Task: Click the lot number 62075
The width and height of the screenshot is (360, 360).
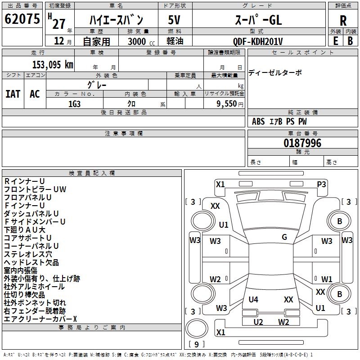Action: tap(23, 20)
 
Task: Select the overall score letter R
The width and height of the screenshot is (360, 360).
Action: tap(343, 21)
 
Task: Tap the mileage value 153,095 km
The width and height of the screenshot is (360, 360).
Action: tap(52, 64)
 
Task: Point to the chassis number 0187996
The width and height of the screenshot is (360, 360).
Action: tap(302, 143)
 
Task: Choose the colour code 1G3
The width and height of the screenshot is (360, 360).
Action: tap(74, 103)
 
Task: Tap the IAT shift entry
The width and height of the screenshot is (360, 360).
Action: tap(13, 94)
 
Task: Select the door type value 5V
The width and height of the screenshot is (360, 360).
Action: tap(175, 20)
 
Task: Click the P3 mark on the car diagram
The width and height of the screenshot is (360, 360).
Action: tap(321, 184)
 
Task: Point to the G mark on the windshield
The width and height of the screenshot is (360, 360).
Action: tap(284, 237)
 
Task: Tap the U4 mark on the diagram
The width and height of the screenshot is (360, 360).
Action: tap(253, 299)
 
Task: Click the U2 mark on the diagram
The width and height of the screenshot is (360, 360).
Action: tap(258, 322)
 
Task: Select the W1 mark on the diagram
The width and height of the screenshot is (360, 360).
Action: tap(326, 279)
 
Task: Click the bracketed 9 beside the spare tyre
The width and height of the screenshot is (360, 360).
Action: tap(196, 344)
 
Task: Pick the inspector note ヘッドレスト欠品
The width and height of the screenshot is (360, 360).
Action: tap(31, 262)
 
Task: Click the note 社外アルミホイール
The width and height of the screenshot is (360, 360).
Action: tap(34, 287)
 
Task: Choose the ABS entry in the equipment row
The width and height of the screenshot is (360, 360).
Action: tap(258, 121)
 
